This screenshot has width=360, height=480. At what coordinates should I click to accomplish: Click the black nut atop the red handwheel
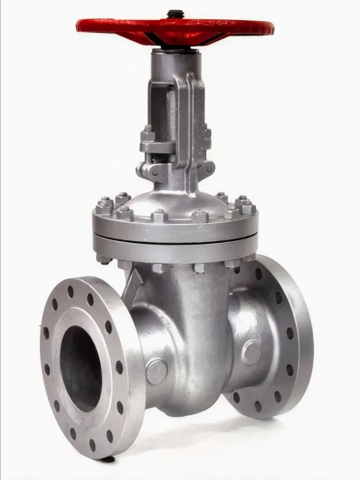coord(175,12)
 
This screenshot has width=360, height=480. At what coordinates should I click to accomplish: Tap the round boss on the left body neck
coord(156,372)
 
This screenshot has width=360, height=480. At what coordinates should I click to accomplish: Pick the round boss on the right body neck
coord(251,353)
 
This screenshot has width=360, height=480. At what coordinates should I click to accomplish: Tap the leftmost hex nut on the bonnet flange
coord(103,208)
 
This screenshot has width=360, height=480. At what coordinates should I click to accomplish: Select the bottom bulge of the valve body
coord(194,401)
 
